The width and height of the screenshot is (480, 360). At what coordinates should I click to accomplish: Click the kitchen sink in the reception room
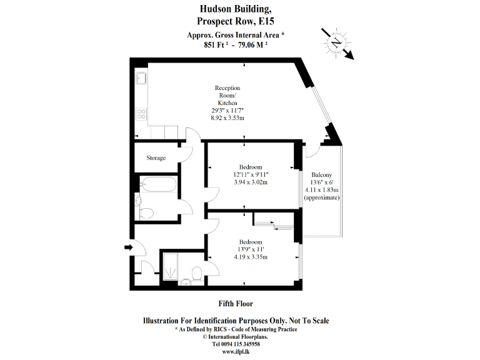142,79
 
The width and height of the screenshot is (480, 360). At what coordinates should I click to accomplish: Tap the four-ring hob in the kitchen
142,114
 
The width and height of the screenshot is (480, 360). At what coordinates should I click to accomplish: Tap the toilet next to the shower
196,273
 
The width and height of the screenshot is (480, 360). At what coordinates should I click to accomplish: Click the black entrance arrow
129,248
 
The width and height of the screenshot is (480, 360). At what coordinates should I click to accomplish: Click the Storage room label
156,158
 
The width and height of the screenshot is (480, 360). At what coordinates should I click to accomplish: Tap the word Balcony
321,175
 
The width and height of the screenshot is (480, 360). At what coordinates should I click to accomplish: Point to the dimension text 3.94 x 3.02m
251,182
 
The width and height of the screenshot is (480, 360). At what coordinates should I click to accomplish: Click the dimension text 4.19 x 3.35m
251,257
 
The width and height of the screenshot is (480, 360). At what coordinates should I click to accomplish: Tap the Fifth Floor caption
236,304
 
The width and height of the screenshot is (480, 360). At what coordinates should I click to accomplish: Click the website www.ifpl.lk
236,351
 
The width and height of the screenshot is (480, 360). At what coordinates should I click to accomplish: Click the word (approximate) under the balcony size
321,197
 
